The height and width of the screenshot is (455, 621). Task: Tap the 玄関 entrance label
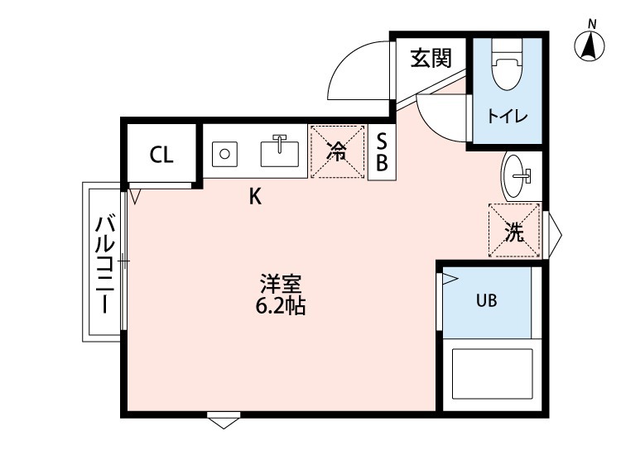tap(431, 58)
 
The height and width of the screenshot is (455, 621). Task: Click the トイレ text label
tap(507, 117)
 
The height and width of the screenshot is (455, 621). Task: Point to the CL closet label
tap(161, 155)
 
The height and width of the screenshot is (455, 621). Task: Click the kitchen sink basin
tap(279, 151)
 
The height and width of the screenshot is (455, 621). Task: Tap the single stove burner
tap(224, 153)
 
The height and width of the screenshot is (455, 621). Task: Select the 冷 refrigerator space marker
tap(337, 151)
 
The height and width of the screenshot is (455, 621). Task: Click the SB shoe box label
tap(382, 151)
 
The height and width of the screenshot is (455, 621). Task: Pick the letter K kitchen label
tap(256, 197)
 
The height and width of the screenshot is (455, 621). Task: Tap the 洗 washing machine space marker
tap(514, 232)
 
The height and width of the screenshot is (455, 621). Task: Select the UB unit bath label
tap(486, 301)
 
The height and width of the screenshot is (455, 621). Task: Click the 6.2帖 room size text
tap(280, 307)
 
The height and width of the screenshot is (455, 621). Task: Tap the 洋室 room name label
tap(280, 284)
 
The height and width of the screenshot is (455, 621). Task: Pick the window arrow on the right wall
tap(554, 232)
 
